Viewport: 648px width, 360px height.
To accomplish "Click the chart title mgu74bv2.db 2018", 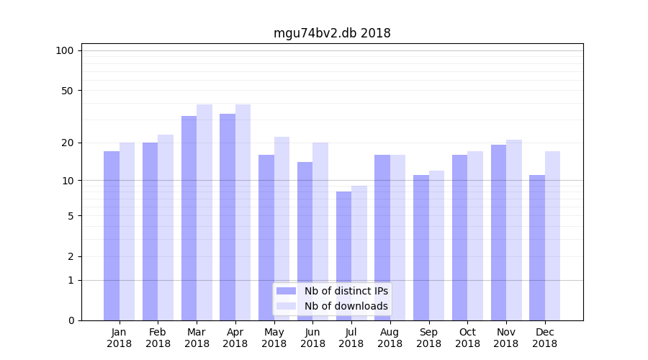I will click(x=332, y=33).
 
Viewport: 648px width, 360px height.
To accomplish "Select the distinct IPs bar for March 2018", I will click(x=189, y=218).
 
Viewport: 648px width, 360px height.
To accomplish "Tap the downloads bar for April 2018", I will click(x=243, y=212).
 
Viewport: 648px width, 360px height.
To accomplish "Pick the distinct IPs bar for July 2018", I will click(x=343, y=256).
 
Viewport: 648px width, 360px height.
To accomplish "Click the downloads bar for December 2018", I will click(x=552, y=235).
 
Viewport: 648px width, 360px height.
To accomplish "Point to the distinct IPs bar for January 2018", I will click(x=112, y=235).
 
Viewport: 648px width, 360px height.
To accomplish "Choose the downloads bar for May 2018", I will click(x=282, y=228).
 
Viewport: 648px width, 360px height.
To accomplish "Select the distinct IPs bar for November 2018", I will click(x=498, y=233).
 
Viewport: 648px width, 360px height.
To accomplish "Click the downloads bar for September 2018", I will click(x=436, y=246).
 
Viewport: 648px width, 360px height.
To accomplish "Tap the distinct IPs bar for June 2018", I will click(x=305, y=241).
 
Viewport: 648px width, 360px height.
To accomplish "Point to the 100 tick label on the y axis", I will click(x=65, y=50).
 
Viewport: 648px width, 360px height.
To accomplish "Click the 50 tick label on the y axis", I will click(x=68, y=91).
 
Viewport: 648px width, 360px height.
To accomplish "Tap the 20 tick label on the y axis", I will click(x=68, y=143).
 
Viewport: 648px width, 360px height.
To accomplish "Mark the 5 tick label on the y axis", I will click(x=71, y=216).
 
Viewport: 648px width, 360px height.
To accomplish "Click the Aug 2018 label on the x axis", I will click(x=390, y=338).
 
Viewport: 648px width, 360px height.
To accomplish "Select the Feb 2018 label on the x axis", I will click(x=158, y=338).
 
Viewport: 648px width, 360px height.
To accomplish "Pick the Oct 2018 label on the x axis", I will click(x=467, y=338).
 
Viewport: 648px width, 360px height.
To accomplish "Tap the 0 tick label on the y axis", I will click(x=71, y=320).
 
